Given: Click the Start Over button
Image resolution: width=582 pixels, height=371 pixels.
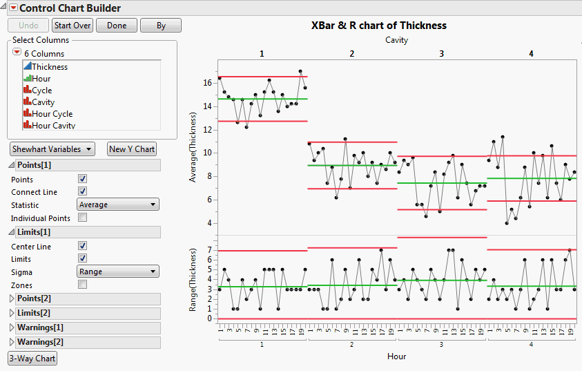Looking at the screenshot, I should point(72,26).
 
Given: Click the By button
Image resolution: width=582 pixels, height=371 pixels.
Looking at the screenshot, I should point(160,26).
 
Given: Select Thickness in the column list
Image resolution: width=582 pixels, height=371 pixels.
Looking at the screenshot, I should point(50,67).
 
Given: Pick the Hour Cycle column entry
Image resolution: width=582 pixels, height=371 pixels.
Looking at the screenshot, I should point(52,114).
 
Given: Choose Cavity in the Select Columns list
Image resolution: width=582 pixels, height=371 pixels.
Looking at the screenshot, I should point(43,102).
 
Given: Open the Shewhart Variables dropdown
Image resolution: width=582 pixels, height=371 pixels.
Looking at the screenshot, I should point(52,149).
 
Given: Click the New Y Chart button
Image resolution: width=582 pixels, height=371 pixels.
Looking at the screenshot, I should point(132,149).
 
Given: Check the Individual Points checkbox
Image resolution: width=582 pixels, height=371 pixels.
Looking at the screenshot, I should point(83,218).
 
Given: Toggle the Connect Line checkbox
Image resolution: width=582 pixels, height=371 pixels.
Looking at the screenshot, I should point(83,191).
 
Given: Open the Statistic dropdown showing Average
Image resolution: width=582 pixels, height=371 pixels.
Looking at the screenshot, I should point(117,204).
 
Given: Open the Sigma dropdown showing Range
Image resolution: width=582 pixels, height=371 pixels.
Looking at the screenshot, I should point(117,272).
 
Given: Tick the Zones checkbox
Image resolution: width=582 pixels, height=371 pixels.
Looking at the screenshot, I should point(83,285).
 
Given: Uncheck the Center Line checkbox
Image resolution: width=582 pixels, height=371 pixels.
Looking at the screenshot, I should point(83,246).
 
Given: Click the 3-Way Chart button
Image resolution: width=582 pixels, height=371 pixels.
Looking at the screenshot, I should point(32,359).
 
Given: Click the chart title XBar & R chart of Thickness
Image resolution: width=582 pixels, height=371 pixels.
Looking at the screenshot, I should point(376,26).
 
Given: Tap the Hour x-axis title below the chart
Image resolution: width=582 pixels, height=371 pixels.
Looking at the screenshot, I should point(396,356).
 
